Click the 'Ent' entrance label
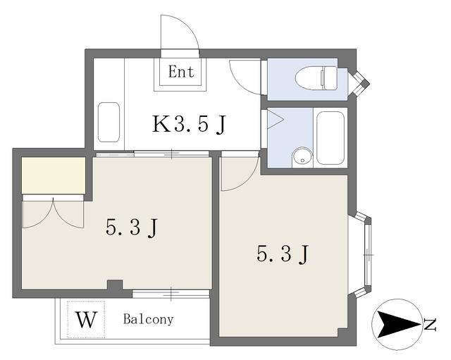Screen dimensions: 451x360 pyautogui.click(x=181, y=72)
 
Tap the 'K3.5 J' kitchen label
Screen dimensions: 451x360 pyautogui.click(x=189, y=124)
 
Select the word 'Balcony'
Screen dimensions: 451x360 pyautogui.click(x=149, y=319)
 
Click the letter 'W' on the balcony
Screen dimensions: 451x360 pyautogui.click(x=86, y=319)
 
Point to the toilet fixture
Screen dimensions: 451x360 pyautogui.click(x=316, y=78)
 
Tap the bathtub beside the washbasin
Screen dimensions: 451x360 pyautogui.click(x=330, y=138)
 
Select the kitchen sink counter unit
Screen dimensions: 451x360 pyautogui.click(x=109, y=122)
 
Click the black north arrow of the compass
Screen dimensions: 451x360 pyautogui.click(x=397, y=324)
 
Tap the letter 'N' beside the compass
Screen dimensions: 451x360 pyautogui.click(x=430, y=324)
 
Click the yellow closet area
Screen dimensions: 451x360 pyautogui.click(x=54, y=175)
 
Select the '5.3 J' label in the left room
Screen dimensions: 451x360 pyautogui.click(x=132, y=228)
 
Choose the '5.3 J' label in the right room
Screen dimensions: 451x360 pyautogui.click(x=283, y=254)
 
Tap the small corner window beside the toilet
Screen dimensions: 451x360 pyautogui.click(x=359, y=83)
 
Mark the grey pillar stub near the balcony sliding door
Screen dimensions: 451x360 pyautogui.click(x=115, y=285)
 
